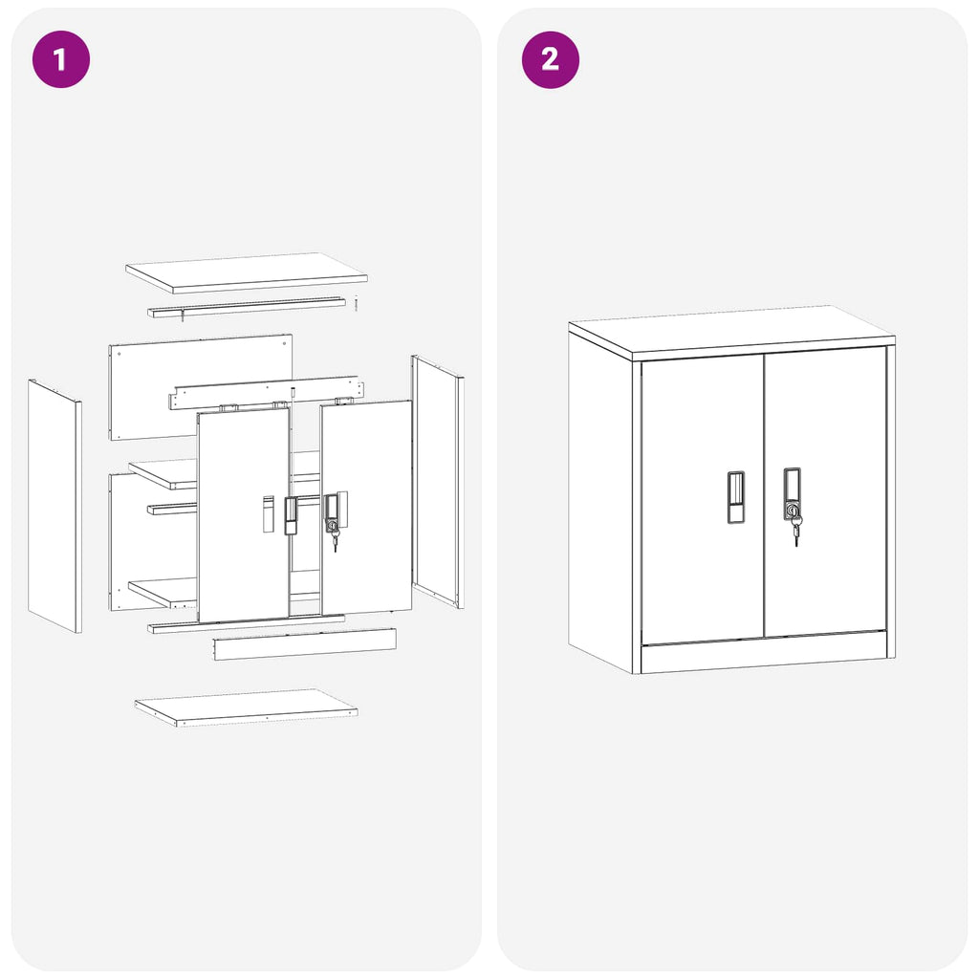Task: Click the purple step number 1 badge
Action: [x=61, y=59]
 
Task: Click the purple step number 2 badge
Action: [x=550, y=59]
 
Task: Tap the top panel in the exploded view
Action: [x=247, y=272]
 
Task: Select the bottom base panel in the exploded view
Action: [x=246, y=707]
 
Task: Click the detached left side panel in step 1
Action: [x=54, y=506]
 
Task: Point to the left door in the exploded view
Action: [x=243, y=555]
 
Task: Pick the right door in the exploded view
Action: [x=367, y=564]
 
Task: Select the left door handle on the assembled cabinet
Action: [x=735, y=496]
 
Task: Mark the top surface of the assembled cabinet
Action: [x=731, y=331]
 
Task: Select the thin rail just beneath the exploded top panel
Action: [x=247, y=306]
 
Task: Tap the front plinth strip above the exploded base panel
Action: [x=304, y=643]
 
